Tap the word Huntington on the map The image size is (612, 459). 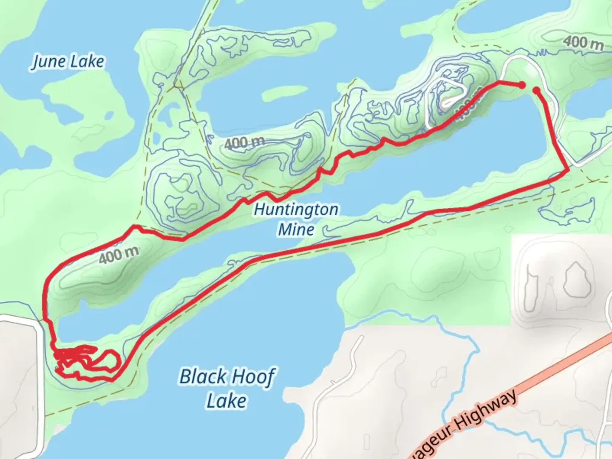pos(296,210)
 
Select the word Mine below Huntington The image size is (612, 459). pos(296,229)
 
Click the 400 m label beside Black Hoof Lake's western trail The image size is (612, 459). pos(119,255)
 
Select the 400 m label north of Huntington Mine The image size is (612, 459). pos(244,142)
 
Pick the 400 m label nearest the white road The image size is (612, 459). pos(584,42)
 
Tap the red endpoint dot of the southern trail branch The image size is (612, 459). pos(536,90)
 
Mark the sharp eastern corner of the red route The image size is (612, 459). pos(568,170)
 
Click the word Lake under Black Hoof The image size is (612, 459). pos(227,401)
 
